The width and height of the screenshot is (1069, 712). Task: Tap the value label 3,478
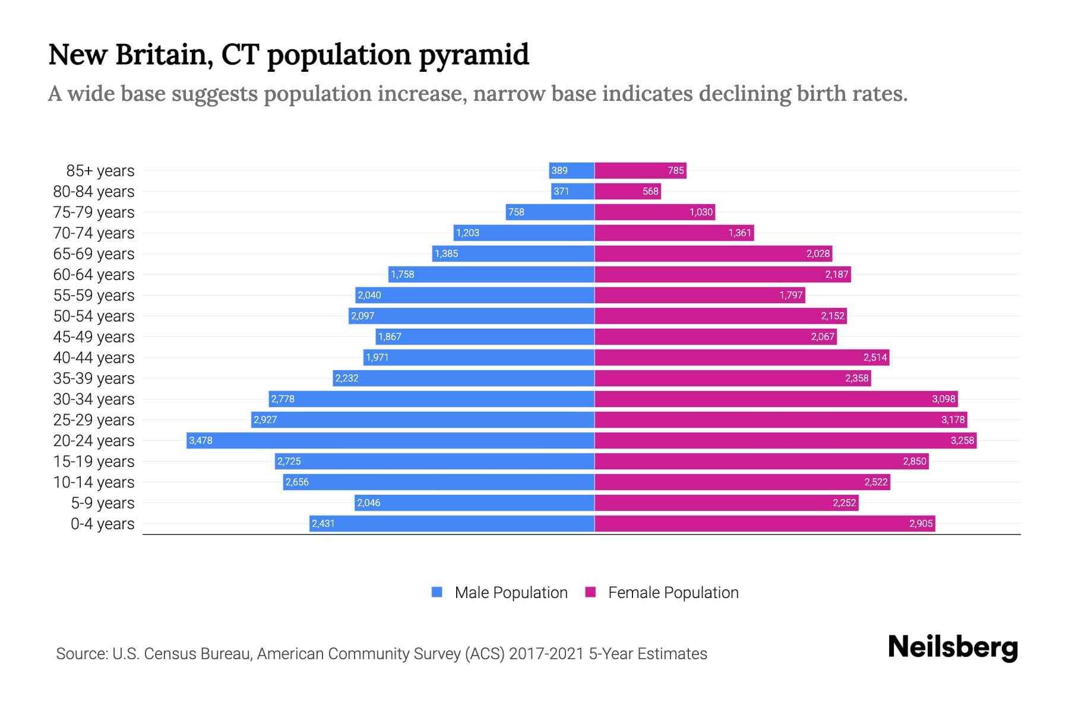pos(201,440)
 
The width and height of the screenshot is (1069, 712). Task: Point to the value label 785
pos(676,171)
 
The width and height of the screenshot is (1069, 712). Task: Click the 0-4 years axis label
pos(102,524)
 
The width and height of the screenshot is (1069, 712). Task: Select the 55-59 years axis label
pos(94,295)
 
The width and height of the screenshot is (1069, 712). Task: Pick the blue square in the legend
pos(437,592)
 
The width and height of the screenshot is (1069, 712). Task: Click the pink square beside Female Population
pos(590,592)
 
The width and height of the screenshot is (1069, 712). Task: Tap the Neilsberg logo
pos(953,647)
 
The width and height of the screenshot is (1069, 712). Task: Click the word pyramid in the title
pos(473,55)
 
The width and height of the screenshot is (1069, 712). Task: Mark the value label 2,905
pos(921,523)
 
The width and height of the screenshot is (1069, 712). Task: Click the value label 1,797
pos(791,295)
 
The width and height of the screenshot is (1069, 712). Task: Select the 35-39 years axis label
pos(94,379)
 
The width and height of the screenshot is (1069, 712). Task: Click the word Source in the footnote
pos(81,654)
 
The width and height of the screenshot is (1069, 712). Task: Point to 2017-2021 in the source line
pos(546,654)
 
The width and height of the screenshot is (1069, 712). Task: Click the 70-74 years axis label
pos(94,233)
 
